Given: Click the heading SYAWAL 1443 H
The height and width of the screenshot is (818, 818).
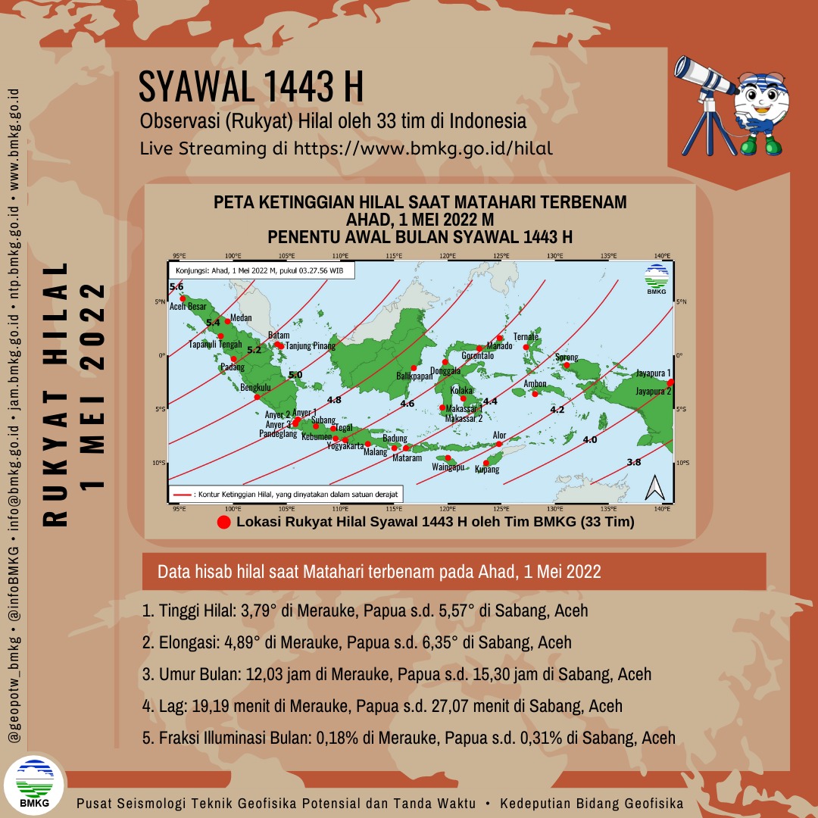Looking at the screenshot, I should click(251, 88).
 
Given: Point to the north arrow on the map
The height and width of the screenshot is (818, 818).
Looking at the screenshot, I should click(654, 489).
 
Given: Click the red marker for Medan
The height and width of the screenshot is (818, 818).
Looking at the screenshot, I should click(227, 322).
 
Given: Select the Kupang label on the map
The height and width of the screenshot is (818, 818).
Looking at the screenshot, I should click(486, 470).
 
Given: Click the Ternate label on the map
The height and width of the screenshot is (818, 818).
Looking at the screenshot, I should click(526, 337).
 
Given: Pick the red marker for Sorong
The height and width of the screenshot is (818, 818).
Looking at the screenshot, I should click(566, 366).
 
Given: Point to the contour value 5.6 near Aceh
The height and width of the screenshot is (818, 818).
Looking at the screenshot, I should click(176, 286).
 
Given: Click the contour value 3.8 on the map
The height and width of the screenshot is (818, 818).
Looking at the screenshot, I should click(634, 462).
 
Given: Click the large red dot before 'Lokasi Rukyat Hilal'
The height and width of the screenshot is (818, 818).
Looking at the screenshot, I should click(223, 523).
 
